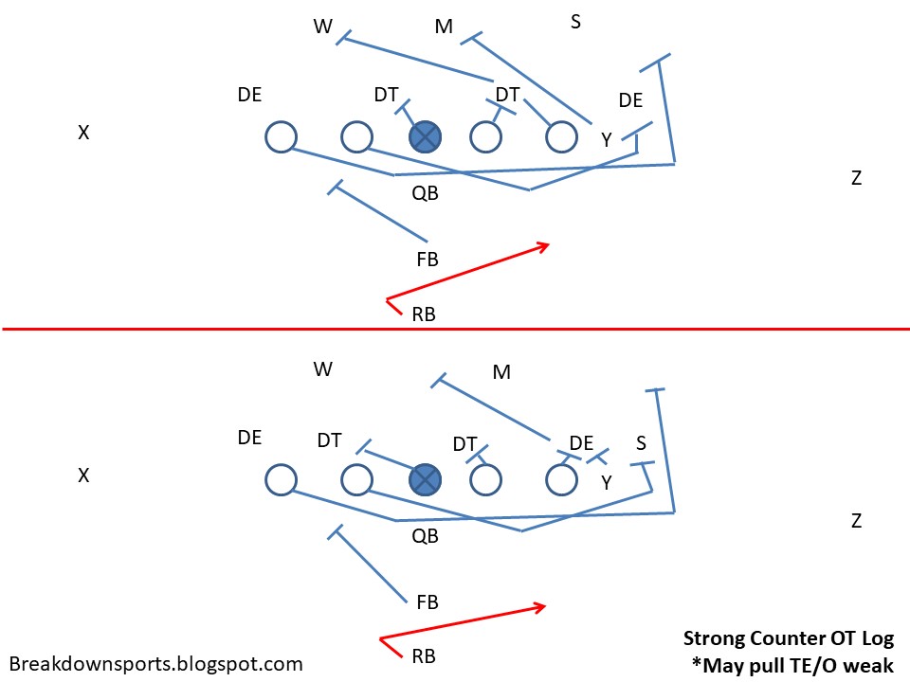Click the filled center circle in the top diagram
click(426, 136)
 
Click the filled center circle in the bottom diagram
click(426, 479)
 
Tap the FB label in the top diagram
click(428, 259)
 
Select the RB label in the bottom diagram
click(424, 655)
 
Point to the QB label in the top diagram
click(425, 194)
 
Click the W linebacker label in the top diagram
click(323, 27)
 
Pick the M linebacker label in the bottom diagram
click(501, 372)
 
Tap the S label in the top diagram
click(575, 21)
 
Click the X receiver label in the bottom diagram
click(83, 476)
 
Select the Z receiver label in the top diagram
click(856, 177)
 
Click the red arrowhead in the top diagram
click(545, 245)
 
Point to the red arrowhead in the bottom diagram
click(542, 605)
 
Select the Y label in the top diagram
click(606, 140)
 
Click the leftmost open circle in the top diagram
click(281, 136)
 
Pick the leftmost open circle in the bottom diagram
click(281, 479)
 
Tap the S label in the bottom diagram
click(642, 442)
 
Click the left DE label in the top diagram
click(250, 95)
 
